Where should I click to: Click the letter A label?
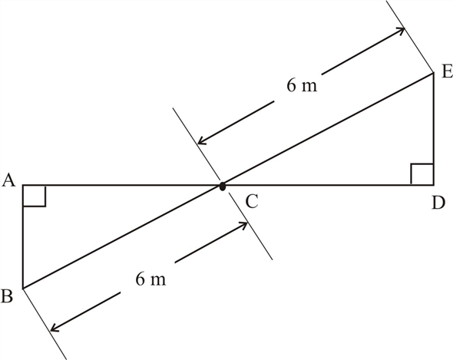click(x=10, y=180)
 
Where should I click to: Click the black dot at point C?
click(x=222, y=186)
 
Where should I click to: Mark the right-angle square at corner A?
click(x=34, y=196)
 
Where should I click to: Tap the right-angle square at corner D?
click(x=422, y=174)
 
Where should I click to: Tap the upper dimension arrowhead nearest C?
click(x=203, y=140)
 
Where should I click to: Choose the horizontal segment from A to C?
click(x=123, y=185)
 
